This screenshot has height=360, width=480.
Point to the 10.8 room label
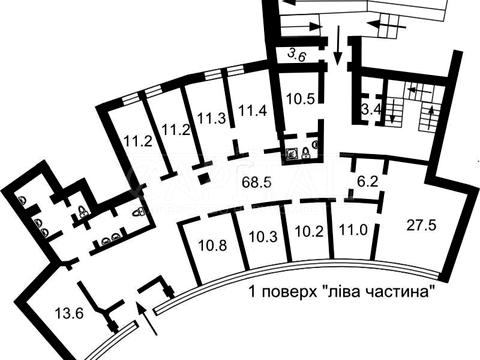212,243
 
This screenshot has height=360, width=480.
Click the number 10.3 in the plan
263,238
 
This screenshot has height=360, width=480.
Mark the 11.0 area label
352,229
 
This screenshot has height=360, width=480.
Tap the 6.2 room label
369,182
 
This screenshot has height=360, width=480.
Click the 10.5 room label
300,99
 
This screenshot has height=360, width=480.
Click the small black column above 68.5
202,179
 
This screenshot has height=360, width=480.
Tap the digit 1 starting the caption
250,293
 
